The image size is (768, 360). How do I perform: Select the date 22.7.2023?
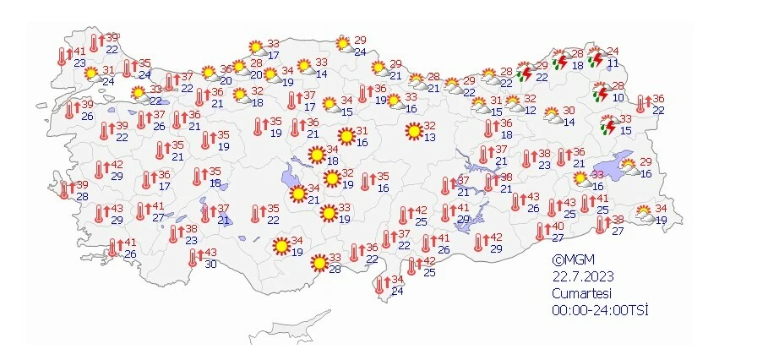click(583, 277)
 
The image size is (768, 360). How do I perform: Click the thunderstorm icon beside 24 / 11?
click(596, 59)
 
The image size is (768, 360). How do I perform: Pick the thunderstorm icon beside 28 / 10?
click(601, 92)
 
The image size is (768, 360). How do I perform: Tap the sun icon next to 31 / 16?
click(346, 136)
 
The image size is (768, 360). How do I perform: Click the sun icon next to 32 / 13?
click(413, 132)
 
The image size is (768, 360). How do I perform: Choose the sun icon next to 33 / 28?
click(319, 264)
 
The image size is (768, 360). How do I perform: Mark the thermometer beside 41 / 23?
click(62, 57)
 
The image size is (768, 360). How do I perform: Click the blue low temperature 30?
click(210, 265)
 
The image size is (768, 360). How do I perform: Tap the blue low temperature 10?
click(618, 98)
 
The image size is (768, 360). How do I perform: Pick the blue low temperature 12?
click(530, 111)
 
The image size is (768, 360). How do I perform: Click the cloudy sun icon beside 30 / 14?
click(553, 116)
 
